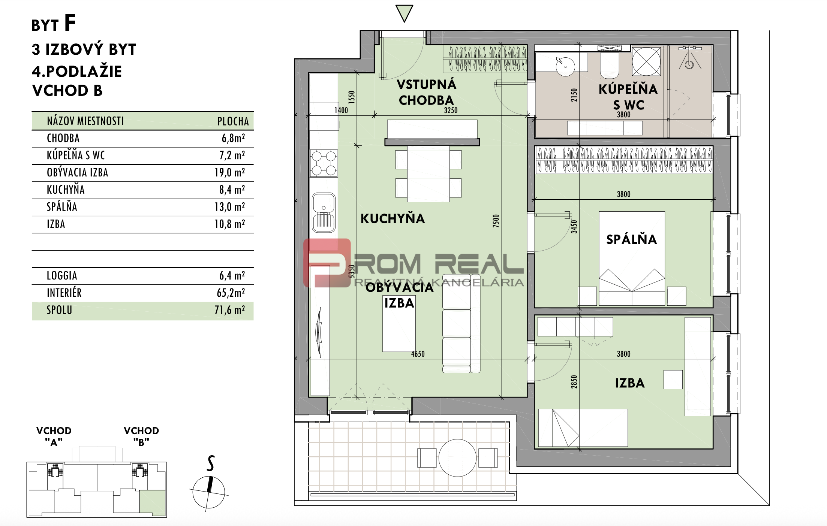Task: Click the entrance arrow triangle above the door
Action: tap(404, 13)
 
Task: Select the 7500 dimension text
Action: tap(496, 221)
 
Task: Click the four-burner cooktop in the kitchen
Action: tap(324, 163)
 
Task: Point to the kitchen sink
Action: tap(324, 213)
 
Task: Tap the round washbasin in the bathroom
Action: tap(565, 67)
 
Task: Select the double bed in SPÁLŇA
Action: tap(632, 259)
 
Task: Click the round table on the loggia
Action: tap(457, 458)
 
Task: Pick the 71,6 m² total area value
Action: tap(230, 310)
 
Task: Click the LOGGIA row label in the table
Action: tap(62, 276)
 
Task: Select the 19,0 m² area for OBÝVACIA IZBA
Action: tap(230, 173)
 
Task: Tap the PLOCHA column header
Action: tap(233, 121)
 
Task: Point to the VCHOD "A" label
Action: tap(54, 436)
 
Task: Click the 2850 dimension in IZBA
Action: tap(574, 382)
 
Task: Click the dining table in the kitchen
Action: tap(428, 174)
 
